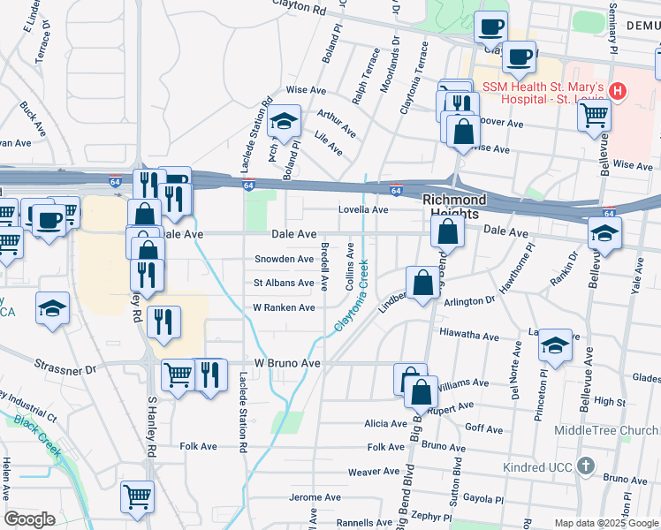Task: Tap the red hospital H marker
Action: click(x=618, y=90)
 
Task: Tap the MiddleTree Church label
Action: click(x=603, y=430)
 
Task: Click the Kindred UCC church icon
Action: click(x=584, y=465)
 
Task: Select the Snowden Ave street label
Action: click(x=284, y=259)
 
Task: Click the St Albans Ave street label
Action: click(x=284, y=283)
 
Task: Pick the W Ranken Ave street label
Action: click(x=284, y=307)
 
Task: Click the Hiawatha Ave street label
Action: click(x=469, y=336)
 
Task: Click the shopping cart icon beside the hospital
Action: click(x=595, y=114)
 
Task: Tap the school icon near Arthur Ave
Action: click(x=285, y=122)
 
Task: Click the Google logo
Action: click(x=29, y=519)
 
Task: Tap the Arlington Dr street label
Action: click(x=469, y=301)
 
